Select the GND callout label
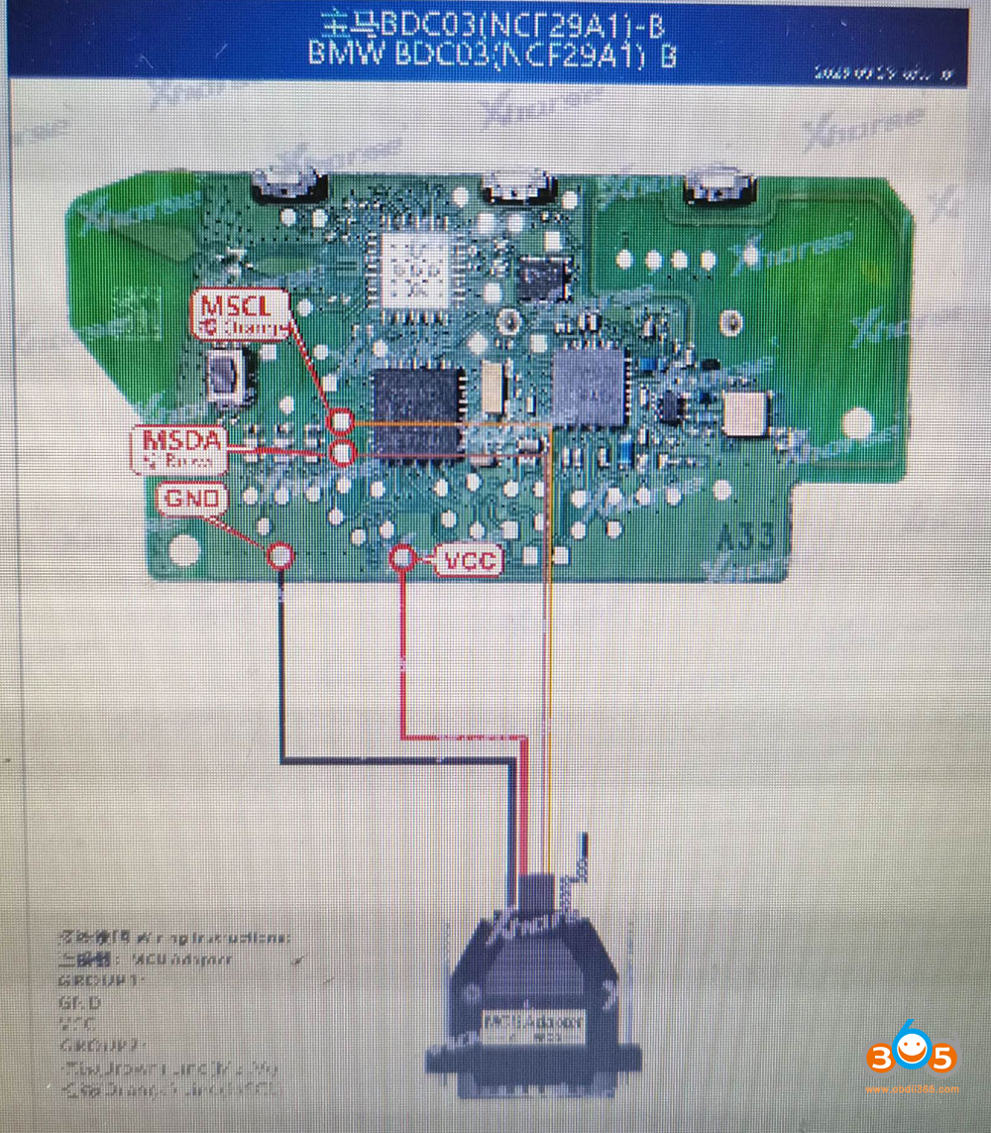[x=192, y=500]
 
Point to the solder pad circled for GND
[x=280, y=555]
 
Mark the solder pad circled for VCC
[x=401, y=558]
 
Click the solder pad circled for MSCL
[x=342, y=422]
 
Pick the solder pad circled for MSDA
[x=343, y=454]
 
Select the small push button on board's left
[x=227, y=379]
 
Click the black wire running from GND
[x=282, y=674]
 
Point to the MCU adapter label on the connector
[x=532, y=1021]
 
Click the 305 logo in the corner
[x=911, y=1057]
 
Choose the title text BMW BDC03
[x=493, y=54]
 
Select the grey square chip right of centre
[x=592, y=386]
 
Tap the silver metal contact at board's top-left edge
[x=287, y=183]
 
